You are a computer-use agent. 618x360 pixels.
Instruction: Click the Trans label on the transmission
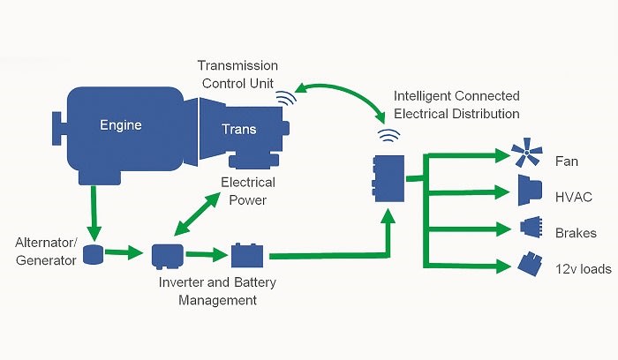click(238, 130)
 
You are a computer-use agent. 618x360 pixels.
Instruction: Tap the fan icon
click(528, 156)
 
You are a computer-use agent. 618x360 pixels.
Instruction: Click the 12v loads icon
click(530, 265)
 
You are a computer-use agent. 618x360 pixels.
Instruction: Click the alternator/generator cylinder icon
click(93, 255)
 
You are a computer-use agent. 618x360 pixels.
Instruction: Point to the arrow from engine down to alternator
click(93, 212)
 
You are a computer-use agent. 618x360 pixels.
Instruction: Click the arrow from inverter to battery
click(205, 256)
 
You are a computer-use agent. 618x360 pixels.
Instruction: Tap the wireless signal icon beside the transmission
click(285, 98)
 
